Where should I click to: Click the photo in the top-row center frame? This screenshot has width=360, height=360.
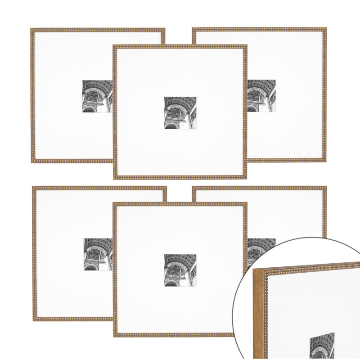click(180, 112)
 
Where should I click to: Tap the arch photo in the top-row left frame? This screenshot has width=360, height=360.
click(97, 96)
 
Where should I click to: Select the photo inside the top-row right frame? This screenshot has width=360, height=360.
click(261, 96)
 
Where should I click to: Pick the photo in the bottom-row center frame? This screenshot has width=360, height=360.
click(180, 270)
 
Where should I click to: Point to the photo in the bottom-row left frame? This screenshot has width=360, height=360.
click(98, 254)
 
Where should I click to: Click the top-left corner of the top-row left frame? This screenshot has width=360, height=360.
click(31, 29)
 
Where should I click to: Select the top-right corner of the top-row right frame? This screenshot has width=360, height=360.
click(326, 28)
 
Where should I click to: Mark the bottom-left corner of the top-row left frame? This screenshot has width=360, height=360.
click(31, 162)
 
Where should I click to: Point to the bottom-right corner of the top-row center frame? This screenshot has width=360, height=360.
click(247, 179)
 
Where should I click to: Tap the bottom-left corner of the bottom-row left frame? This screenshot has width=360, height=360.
click(33, 320)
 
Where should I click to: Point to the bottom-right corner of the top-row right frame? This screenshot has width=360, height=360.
click(326, 162)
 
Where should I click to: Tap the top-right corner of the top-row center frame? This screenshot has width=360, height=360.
click(247, 45)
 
